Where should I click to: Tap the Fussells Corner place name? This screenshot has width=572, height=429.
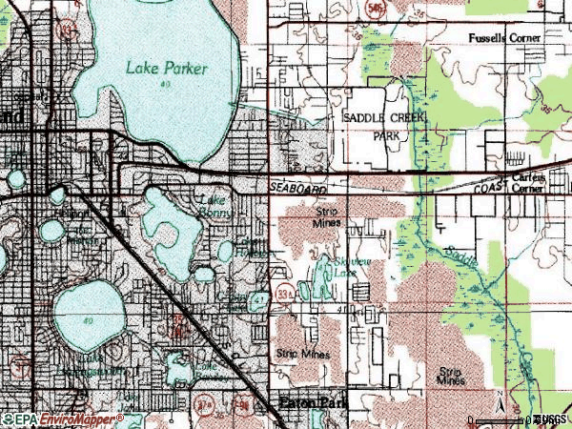tap(504, 38)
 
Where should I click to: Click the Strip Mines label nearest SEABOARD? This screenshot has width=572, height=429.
tap(326, 216)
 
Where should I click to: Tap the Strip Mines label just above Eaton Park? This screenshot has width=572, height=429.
tap(302, 353)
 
